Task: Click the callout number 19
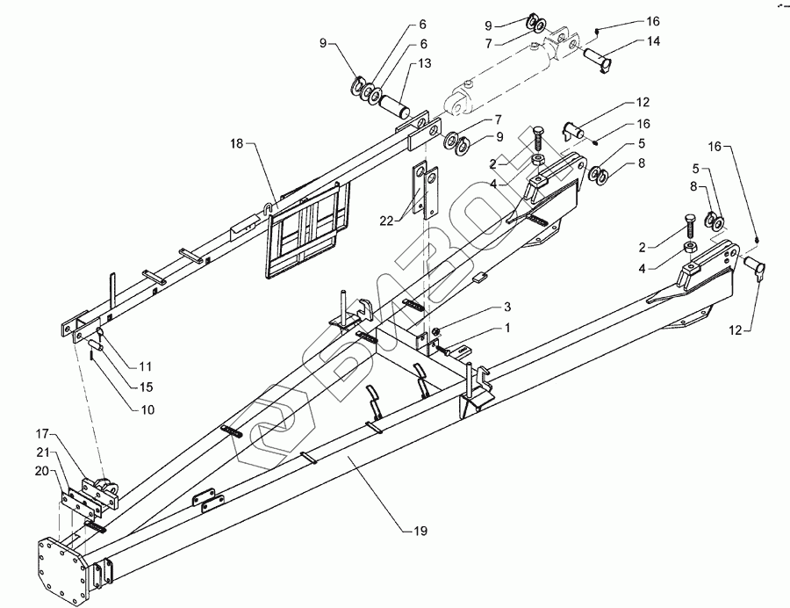[x=420, y=531]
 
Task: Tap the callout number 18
[x=237, y=144]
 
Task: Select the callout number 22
[x=386, y=221]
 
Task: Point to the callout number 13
[x=425, y=63]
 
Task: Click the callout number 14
[x=653, y=41]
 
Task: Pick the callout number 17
[x=42, y=433]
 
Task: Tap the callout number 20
[x=42, y=471]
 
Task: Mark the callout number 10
[x=147, y=409]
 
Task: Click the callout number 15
[x=147, y=387]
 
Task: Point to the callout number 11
[x=146, y=366]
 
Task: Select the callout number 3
[x=507, y=307]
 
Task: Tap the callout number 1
[x=508, y=329]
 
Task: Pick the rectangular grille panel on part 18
[x=308, y=230]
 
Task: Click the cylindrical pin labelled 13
[x=396, y=104]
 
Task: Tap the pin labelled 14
[x=598, y=59]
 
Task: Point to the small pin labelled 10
[x=95, y=345]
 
